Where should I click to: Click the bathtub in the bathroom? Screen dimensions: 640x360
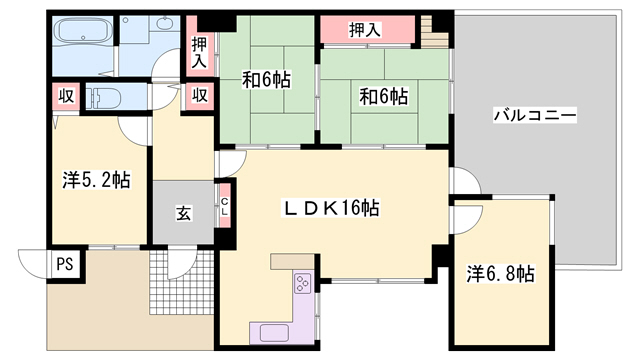point(83,31)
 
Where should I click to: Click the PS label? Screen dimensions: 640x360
point(65,264)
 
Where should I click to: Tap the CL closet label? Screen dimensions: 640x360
point(225,207)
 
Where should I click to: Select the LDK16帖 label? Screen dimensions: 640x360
point(332,208)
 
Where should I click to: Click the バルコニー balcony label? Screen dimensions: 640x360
point(535,115)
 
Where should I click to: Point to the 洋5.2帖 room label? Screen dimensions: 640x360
point(97,180)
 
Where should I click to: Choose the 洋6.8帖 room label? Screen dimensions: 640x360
point(500,273)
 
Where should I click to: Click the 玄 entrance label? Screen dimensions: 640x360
point(184,213)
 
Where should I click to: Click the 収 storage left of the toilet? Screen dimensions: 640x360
point(66,97)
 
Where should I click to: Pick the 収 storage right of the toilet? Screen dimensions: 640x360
point(200,96)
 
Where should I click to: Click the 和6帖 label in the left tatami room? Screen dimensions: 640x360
point(267,80)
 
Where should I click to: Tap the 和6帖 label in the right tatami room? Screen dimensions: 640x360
point(383,97)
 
